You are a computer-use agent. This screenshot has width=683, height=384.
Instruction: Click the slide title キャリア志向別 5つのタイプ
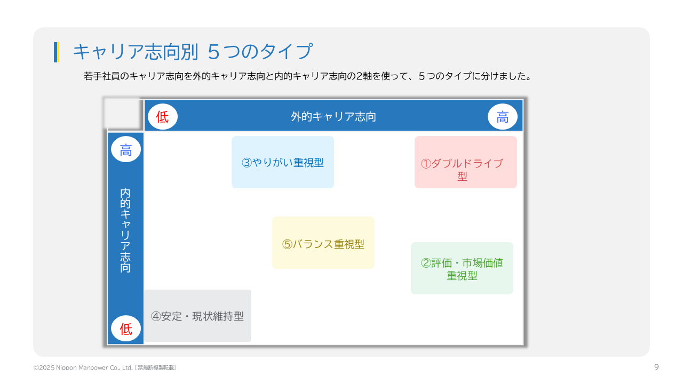point(193,51)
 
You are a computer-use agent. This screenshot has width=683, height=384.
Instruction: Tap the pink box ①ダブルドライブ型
point(466,162)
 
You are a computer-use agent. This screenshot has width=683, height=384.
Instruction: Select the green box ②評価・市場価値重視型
point(462,268)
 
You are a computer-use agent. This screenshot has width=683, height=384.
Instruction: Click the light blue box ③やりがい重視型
point(283,162)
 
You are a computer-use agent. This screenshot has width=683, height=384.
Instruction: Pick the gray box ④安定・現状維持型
point(197,316)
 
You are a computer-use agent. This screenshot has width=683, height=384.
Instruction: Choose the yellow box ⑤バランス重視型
point(323,243)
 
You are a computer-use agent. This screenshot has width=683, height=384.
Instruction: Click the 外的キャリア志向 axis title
point(333,116)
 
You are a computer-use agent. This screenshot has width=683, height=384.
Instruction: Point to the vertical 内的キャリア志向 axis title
point(125,230)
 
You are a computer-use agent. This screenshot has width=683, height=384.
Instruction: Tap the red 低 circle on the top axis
point(163,117)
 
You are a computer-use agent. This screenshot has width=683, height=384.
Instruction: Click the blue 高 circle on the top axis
point(503,117)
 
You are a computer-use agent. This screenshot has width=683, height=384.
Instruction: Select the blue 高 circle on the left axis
point(125,149)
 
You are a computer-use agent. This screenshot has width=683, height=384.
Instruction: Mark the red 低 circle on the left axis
point(125,329)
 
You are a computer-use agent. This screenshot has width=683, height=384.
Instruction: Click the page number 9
point(656,367)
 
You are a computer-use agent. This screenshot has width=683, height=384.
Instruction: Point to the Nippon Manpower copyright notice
point(105,367)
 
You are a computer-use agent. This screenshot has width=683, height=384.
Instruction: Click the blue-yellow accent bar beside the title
point(57,52)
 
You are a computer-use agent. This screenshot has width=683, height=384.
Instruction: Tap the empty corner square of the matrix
point(123,114)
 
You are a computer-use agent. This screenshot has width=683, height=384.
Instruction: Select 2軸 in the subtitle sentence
point(364,76)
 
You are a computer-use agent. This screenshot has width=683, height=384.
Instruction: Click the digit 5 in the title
point(213,52)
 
